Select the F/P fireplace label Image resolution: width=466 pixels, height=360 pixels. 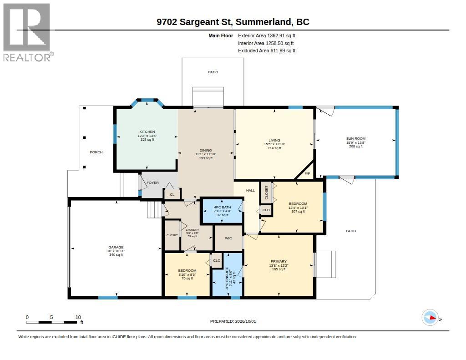point(307,173)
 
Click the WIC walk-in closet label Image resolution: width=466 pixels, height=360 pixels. point(228,238)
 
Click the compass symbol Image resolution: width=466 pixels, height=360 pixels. point(431,318)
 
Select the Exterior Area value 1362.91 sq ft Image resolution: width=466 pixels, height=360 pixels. point(281,35)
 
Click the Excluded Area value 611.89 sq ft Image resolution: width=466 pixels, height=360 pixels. point(283,51)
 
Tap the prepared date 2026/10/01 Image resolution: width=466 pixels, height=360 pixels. point(245,321)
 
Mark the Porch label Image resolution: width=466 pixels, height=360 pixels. point(96,152)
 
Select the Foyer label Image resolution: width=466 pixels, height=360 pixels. point(153,183)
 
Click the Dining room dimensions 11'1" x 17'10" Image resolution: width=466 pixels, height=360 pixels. point(206,154)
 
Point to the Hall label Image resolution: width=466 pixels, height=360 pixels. point(250,190)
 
